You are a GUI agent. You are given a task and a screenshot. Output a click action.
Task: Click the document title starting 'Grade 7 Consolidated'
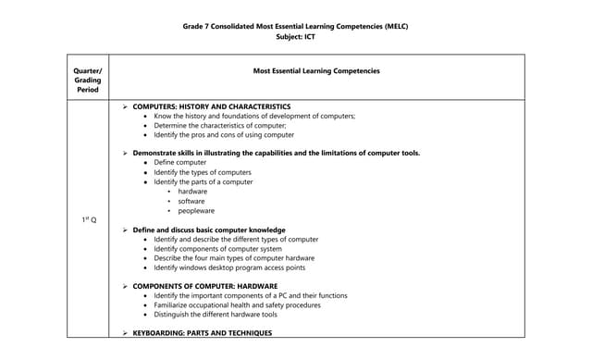click(296, 26)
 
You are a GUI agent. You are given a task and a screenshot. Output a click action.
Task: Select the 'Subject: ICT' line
click(296, 37)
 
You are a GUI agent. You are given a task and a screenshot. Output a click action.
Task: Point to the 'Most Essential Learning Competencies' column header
click(316, 70)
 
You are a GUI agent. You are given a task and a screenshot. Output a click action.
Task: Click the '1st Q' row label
click(88, 219)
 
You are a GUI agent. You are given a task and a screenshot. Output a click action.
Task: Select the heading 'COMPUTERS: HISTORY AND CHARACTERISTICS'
click(212, 106)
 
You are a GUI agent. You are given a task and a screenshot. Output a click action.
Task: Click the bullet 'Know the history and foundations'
click(254, 117)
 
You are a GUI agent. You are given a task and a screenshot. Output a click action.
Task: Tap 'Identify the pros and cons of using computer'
click(224, 135)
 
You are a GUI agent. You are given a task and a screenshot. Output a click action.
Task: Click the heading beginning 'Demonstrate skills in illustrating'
click(276, 153)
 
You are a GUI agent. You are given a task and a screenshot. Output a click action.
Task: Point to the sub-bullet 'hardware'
click(192, 192)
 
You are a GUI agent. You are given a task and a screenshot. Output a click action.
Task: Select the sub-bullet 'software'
click(191, 201)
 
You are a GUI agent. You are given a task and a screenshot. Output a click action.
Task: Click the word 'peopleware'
click(196, 210)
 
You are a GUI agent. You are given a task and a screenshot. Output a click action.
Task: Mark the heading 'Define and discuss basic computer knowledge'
click(209, 230)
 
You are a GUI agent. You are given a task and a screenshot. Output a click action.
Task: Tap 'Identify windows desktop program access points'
click(229, 267)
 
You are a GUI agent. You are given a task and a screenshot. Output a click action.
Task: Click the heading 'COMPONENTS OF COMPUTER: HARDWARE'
click(204, 286)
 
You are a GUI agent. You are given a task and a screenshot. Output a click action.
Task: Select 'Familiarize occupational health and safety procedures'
click(238, 304)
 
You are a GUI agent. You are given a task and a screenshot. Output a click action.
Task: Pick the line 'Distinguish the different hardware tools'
click(216, 314)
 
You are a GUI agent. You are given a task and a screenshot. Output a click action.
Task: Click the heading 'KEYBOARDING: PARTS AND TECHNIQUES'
click(203, 332)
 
